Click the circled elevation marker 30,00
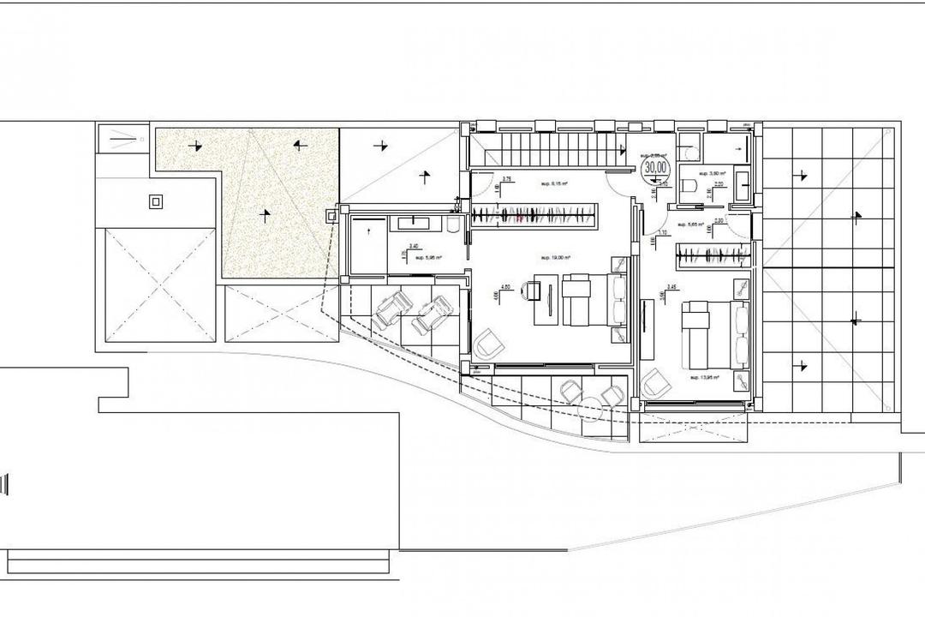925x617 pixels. pyautogui.click(x=656, y=168)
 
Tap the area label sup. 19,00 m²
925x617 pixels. pyautogui.click(x=555, y=257)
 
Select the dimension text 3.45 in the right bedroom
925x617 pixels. pyautogui.click(x=671, y=286)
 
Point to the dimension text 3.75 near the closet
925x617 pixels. pyautogui.click(x=506, y=179)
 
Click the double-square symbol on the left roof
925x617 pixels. pyautogui.click(x=155, y=202)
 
